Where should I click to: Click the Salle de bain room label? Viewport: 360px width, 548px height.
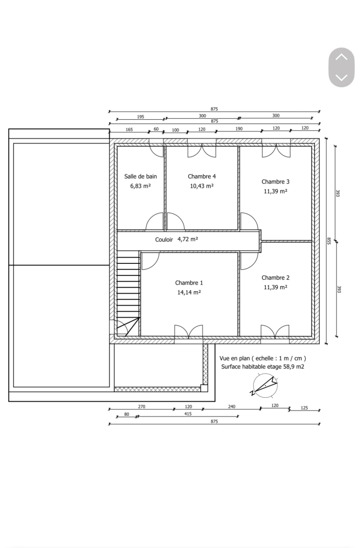point(141,177)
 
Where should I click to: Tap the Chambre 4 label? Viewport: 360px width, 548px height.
point(202,177)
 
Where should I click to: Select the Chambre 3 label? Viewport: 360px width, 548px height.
point(275,182)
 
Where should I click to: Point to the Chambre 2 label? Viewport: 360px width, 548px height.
point(275,278)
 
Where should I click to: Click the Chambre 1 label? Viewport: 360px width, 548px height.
point(189,283)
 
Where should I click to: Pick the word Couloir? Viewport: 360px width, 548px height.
point(164,239)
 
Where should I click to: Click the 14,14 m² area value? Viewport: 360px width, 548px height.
point(189,292)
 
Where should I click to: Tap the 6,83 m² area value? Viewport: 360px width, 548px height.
point(140,186)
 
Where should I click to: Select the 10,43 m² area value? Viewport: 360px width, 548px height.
point(202,186)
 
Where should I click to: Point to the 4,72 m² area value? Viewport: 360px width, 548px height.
point(187,239)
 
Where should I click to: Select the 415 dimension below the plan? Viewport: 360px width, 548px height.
point(188,414)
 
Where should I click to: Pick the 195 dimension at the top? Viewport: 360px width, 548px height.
point(141,117)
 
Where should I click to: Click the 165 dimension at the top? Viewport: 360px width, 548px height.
point(129,129)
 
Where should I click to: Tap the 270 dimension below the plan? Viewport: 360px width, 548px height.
point(142,406)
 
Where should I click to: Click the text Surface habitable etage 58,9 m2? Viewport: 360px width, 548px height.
point(263,366)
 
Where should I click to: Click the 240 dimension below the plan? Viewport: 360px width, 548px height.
point(232,406)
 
